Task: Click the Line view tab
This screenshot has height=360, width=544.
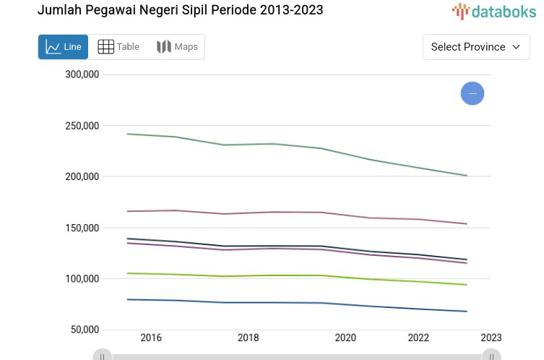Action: click(x=63, y=47)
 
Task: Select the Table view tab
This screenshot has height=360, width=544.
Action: click(x=118, y=47)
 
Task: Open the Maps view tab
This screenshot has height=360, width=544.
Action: click(x=177, y=47)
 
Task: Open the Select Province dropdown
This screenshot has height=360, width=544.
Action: click(x=475, y=47)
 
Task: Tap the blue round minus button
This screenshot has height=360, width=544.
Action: click(x=472, y=93)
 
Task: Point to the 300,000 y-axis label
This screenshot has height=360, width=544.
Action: click(x=82, y=74)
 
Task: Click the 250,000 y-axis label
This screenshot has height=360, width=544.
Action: click(x=82, y=126)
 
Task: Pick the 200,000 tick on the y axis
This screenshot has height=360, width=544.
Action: click(x=82, y=176)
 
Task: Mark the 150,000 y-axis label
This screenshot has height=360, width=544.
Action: click(x=82, y=228)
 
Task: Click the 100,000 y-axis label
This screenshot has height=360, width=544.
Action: click(x=82, y=278)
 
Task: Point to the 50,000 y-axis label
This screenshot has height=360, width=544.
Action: click(x=85, y=330)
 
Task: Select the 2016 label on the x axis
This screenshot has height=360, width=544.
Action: click(x=151, y=338)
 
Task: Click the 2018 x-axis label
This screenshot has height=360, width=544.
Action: click(x=248, y=338)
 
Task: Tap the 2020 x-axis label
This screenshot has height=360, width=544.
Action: click(x=345, y=338)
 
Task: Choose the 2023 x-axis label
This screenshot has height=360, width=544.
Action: click(x=491, y=338)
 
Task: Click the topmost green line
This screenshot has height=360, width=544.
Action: click(x=273, y=144)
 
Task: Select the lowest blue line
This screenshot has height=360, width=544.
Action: click(x=273, y=302)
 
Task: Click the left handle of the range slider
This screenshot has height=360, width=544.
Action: click(x=103, y=356)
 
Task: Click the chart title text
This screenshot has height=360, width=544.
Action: click(x=180, y=10)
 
